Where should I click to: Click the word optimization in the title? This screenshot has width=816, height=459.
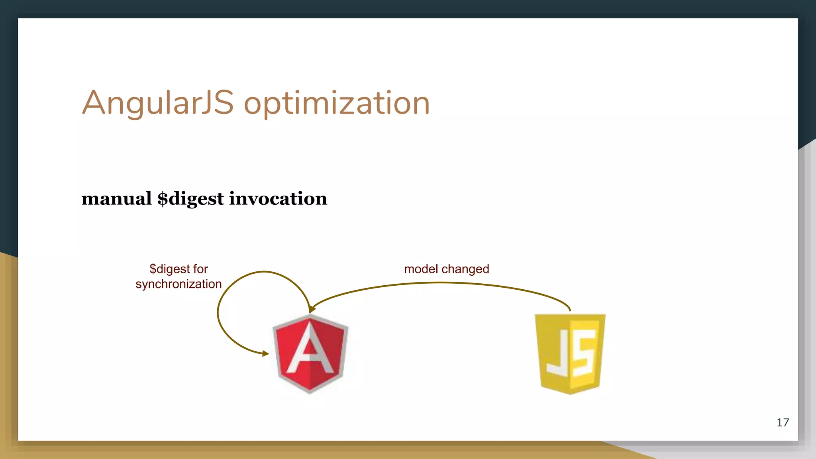[x=337, y=104]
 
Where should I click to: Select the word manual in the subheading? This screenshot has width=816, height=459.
[x=116, y=198]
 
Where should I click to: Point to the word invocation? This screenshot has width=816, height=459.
[x=278, y=198]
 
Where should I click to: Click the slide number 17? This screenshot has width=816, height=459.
[x=783, y=423]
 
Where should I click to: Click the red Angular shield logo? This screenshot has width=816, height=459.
[x=310, y=354]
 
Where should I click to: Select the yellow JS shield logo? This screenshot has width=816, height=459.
[x=570, y=354]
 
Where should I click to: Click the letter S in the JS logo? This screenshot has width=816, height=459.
[x=584, y=353]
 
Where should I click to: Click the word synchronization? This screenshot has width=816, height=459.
[x=178, y=284]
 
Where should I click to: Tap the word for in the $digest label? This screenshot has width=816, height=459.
[x=200, y=269]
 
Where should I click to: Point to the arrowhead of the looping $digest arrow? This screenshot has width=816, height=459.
[x=266, y=353]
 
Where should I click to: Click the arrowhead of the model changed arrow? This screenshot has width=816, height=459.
[x=312, y=309]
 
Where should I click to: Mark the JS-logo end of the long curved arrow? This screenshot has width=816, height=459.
[x=570, y=309]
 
